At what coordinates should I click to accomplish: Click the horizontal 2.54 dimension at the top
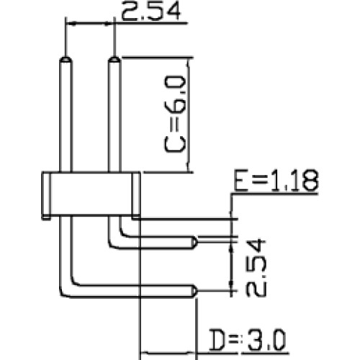pyautogui.click(x=150, y=11)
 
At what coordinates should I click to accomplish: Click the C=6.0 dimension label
pyautogui.click(x=175, y=114)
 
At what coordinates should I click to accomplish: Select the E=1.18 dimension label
pyautogui.click(x=276, y=180)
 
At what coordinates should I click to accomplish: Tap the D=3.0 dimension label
pyautogui.click(x=247, y=340)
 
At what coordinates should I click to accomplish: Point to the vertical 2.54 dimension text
pyautogui.click(x=256, y=267)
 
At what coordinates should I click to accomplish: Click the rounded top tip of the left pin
pyautogui.click(x=66, y=59)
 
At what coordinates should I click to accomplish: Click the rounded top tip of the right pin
pyautogui.click(x=114, y=59)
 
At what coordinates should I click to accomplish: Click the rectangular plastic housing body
pyautogui.click(x=91, y=193)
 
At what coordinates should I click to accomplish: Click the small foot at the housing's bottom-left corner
pyautogui.click(x=46, y=217)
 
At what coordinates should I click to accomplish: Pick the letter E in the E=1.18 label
pyautogui.click(x=241, y=180)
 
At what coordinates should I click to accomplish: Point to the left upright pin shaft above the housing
pyautogui.click(x=66, y=117)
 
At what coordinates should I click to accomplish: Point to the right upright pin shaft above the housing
pyautogui.click(x=114, y=117)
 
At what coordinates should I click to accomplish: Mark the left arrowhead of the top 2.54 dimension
pyautogui.click(x=71, y=24)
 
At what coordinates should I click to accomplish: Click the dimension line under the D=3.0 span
pyautogui.click(x=168, y=354)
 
